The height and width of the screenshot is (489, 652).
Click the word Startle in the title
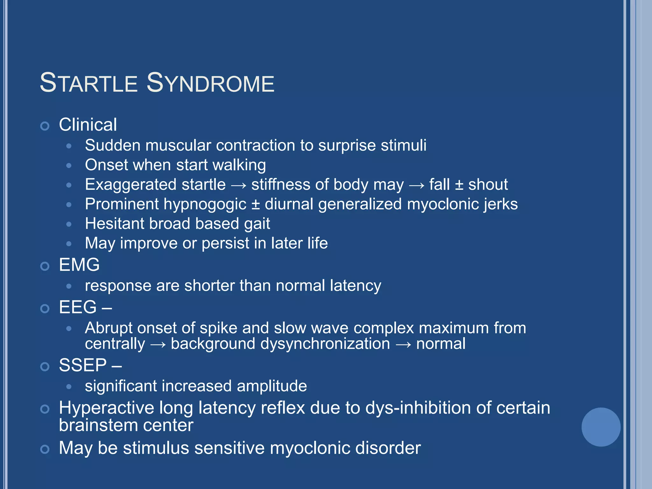click(x=89, y=83)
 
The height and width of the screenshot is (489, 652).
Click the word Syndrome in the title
click(x=210, y=83)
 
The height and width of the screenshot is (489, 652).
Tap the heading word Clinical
click(x=88, y=124)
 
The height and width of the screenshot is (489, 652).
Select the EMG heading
click(x=79, y=265)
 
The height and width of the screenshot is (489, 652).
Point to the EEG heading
click(x=78, y=307)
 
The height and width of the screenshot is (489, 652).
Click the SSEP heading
click(x=83, y=365)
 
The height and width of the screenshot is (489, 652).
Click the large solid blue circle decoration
click(x=601, y=427)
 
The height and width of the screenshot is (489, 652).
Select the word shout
click(x=488, y=185)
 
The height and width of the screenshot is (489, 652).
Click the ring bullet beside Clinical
click(x=45, y=126)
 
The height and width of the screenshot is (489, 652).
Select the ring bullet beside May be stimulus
click(x=45, y=449)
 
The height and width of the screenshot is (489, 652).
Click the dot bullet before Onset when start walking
click(x=69, y=166)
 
